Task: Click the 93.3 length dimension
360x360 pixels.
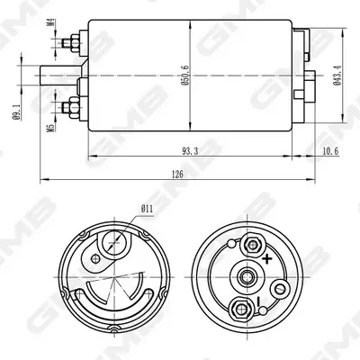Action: tap(190, 151)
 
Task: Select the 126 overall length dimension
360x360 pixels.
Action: tap(177, 175)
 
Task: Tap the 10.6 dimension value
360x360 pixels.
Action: tap(330, 151)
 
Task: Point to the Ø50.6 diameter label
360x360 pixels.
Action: tap(185, 76)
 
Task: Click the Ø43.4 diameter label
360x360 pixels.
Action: tap(337, 76)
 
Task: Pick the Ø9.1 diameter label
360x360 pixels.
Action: tap(17, 112)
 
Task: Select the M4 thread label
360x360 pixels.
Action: tap(51, 22)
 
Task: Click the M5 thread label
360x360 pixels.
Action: tap(50, 128)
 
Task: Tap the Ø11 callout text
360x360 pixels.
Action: tap(147, 208)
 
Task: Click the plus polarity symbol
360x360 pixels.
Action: tap(266, 258)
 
